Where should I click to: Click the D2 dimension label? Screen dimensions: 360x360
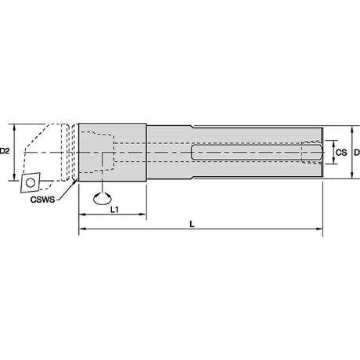(5, 151)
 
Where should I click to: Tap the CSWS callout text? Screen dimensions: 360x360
(43, 200)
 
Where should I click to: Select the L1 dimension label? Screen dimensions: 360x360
(114, 209)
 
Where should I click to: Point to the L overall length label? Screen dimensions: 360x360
(192, 224)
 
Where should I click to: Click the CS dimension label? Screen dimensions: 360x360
(341, 153)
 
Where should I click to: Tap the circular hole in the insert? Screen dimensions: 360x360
(31, 182)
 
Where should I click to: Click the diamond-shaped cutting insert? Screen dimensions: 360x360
(30, 182)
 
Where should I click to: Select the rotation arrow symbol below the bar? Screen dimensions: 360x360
(103, 198)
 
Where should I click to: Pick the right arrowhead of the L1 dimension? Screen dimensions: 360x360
(142, 214)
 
